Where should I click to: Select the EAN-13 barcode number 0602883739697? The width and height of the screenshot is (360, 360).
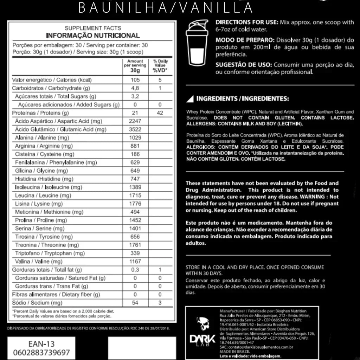coord(41,352)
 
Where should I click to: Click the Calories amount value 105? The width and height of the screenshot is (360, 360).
coord(135,80)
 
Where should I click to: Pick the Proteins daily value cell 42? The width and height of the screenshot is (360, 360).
coord(160,113)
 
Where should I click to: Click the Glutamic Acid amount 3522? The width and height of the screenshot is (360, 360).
coord(135,129)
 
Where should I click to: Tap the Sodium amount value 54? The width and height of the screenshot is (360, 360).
coord(135,303)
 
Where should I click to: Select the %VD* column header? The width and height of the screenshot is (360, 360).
coord(160,70)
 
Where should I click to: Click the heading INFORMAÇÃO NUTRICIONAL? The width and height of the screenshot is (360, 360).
coord(93,36)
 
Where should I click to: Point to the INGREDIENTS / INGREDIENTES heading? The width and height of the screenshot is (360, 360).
coord(243,98)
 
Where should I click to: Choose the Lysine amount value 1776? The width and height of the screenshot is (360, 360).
coord(135,204)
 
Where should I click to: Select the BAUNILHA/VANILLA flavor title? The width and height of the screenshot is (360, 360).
coord(166,7)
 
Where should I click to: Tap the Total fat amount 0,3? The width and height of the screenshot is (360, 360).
coord(135,270)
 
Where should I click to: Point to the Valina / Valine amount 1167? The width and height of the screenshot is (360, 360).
coord(135,261)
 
